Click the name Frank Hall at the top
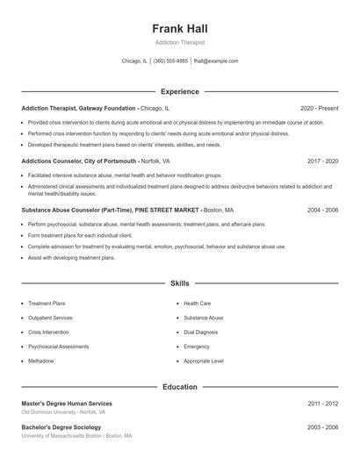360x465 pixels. point(179,29)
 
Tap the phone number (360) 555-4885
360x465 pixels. point(170,61)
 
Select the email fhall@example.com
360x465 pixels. point(216,61)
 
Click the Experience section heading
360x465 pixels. point(179,91)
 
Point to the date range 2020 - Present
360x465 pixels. point(319,108)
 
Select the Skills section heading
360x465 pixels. point(179,283)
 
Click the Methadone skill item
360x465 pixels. point(41,361)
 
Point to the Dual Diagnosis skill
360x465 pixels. point(201,333)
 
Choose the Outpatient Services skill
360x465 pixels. point(50,318)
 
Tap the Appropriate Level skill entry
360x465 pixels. point(204,361)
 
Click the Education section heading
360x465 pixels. point(179,386)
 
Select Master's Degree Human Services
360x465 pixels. point(67,404)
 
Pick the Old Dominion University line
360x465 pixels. point(63,412)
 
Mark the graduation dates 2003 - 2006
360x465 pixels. point(322,427)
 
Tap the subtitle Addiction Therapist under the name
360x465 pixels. point(179,43)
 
